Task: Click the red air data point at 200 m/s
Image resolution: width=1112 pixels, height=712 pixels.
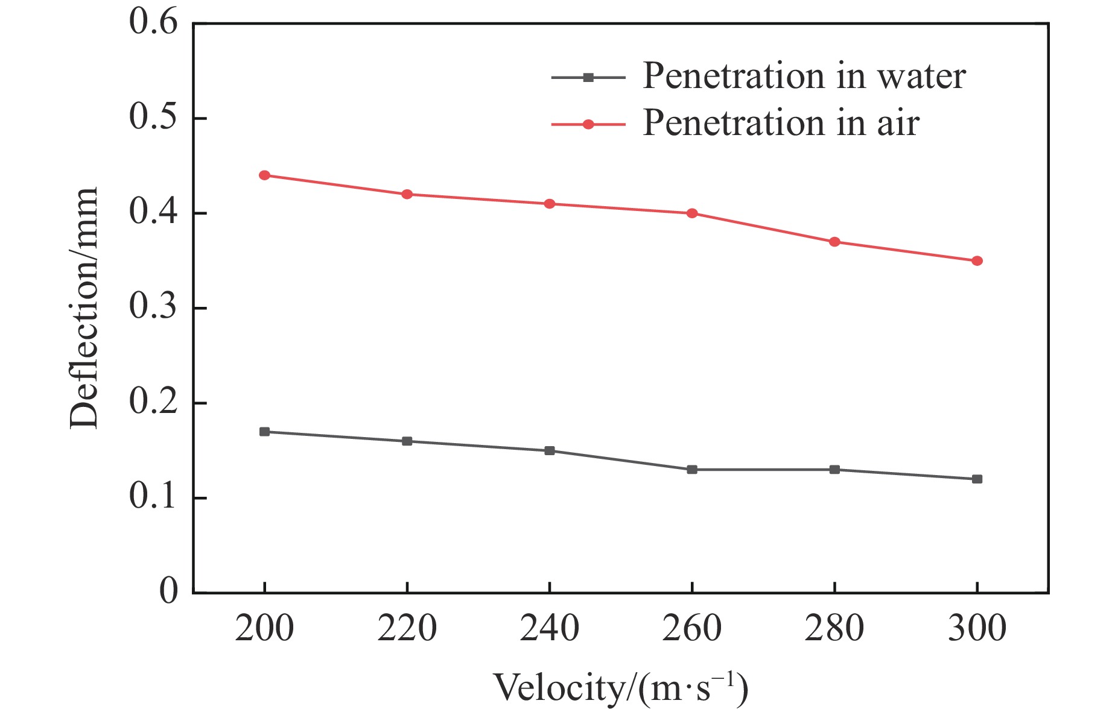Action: pos(264,175)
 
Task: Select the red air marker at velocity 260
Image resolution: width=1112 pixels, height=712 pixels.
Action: pos(692,213)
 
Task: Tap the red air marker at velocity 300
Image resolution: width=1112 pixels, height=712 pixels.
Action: pos(977,261)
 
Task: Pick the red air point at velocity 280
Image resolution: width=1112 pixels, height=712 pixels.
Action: pos(834,242)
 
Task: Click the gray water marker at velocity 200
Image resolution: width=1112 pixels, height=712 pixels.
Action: pos(264,432)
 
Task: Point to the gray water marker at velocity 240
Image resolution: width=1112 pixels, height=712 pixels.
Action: pos(550,450)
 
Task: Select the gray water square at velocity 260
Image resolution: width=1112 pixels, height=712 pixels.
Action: pos(692,470)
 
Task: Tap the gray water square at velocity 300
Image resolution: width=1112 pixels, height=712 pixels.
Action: pos(977,479)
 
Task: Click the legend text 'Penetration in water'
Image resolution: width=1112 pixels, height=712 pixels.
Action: pos(804,77)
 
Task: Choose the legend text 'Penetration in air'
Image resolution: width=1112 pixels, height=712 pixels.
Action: pos(781,123)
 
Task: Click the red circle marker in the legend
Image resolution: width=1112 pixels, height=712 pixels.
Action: pos(588,124)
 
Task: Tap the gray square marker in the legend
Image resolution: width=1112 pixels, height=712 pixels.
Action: pos(588,77)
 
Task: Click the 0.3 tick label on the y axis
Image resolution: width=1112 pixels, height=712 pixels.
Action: pos(154,307)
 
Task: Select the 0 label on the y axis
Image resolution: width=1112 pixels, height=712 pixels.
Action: pos(169,591)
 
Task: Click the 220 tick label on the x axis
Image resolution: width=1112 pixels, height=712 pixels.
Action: pos(407,629)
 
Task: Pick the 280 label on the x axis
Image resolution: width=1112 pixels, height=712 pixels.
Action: pos(834,629)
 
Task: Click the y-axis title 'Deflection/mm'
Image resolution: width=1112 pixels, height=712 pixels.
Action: pos(83,307)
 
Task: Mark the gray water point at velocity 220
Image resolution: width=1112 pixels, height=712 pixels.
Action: pos(407,441)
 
